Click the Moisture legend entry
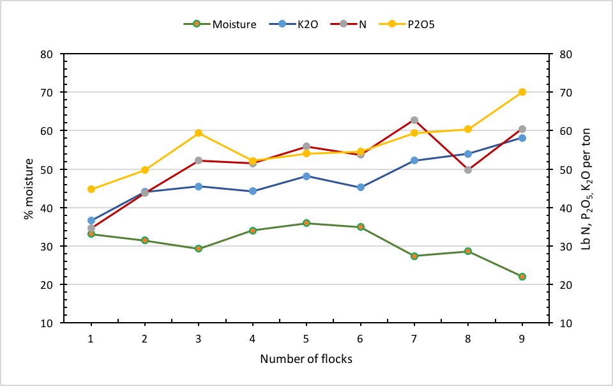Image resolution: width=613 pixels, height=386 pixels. point(234,24)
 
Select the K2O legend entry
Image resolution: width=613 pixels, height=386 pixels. point(308,24)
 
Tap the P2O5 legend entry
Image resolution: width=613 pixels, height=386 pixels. point(421,24)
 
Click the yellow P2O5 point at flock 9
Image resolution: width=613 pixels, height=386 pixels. point(522,92)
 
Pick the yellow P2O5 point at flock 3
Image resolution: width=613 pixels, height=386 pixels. point(199,133)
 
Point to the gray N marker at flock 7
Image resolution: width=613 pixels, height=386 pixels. point(414,120)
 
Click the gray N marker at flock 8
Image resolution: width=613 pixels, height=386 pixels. point(468,170)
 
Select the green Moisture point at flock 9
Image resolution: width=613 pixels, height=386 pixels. point(522,277)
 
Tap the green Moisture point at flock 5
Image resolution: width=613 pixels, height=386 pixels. point(306,223)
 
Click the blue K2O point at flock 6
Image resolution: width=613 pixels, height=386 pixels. point(361,187)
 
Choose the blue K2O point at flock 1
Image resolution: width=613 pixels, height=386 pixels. point(91,220)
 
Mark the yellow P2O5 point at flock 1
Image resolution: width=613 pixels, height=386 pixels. point(91,189)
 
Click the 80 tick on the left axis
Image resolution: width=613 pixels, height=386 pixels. point(45,54)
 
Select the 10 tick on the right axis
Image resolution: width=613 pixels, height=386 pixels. point(564,323)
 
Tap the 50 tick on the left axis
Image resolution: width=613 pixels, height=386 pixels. point(45,170)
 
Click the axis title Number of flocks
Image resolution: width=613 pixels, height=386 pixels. point(306,359)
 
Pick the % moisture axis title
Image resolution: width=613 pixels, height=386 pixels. point(28,189)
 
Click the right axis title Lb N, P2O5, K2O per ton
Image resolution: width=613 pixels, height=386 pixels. point(586,189)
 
